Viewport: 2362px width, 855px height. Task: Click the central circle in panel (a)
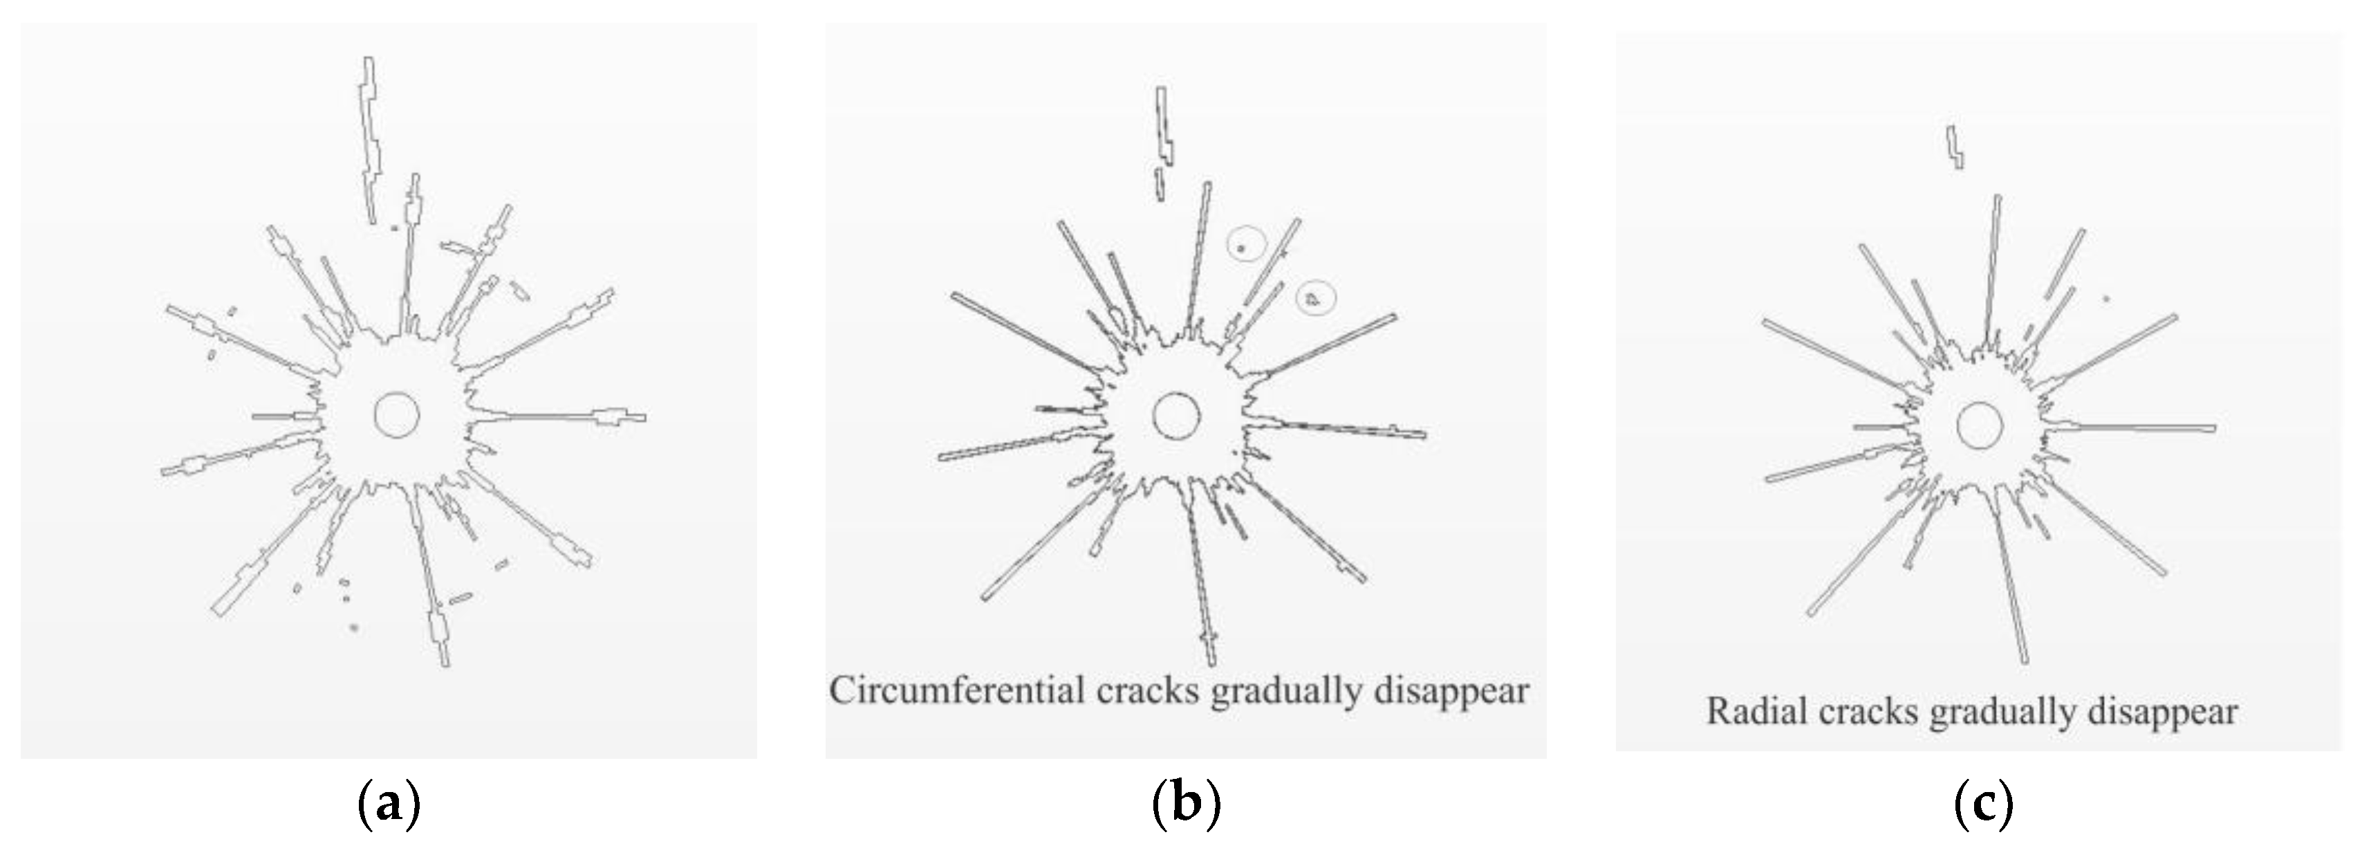397,414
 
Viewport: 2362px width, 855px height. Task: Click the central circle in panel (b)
1175,416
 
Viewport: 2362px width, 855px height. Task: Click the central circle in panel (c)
1980,425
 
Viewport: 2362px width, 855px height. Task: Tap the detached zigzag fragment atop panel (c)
1956,147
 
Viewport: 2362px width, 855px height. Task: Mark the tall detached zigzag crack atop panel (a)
371,138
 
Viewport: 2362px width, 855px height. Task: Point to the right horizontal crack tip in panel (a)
642,417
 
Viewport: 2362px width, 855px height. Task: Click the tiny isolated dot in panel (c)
2106,324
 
